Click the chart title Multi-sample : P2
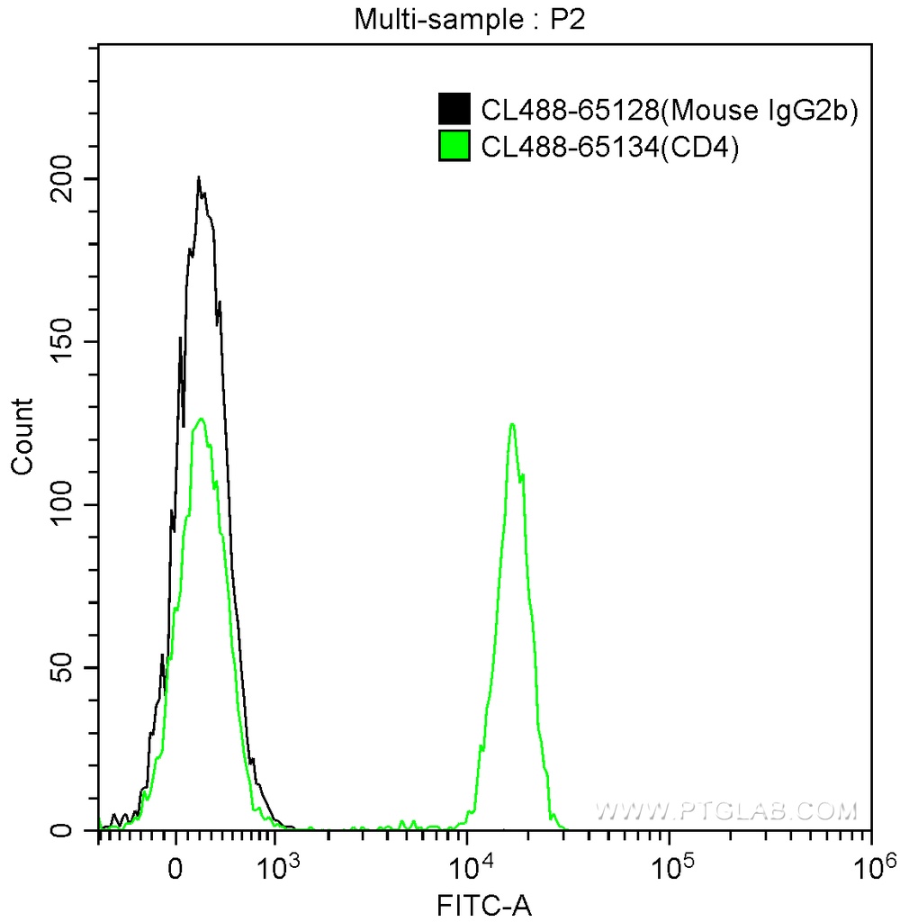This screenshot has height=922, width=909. [x=470, y=19]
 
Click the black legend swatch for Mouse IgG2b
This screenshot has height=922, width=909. [x=454, y=110]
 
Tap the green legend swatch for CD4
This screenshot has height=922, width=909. [x=454, y=146]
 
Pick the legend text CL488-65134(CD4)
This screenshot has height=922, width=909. [x=610, y=147]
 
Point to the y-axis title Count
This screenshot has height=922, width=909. [x=22, y=437]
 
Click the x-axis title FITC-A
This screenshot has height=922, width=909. [x=484, y=904]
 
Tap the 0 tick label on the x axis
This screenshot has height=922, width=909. [x=176, y=870]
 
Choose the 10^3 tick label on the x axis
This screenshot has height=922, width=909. [x=276, y=867]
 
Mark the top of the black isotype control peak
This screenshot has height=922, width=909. [x=199, y=177]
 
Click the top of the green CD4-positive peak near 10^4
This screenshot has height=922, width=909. [x=512, y=424]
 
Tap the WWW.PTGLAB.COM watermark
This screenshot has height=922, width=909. [x=725, y=811]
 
